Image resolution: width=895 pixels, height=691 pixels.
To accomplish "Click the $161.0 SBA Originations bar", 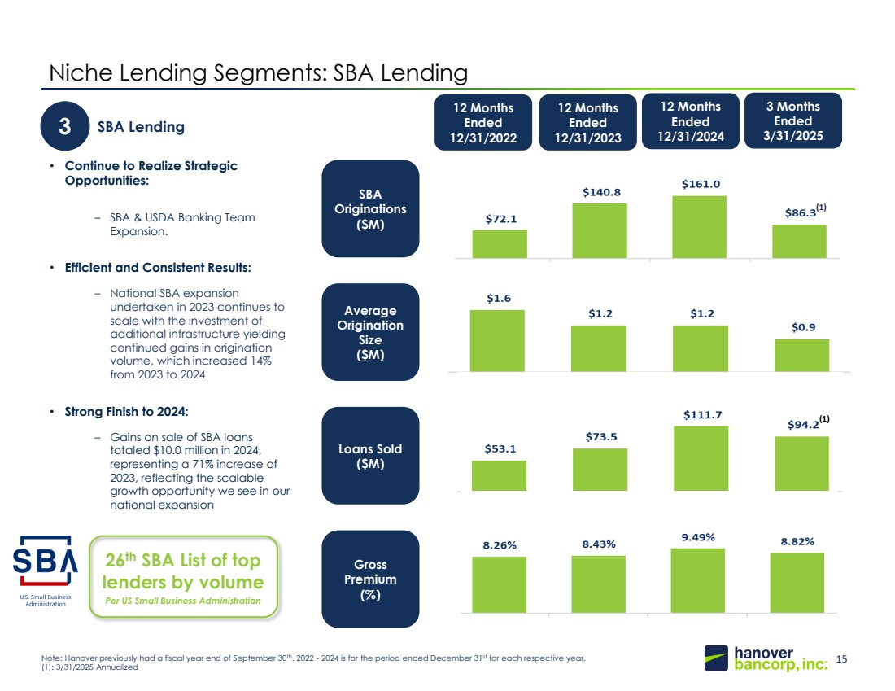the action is [699, 227].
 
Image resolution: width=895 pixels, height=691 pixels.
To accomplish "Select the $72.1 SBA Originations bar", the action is [500, 244].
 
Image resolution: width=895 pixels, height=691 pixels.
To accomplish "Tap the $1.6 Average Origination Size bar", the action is [497, 341].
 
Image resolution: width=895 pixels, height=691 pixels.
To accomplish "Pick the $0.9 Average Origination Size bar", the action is [801, 355].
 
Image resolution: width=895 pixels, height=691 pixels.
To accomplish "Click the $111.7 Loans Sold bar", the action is [701, 458].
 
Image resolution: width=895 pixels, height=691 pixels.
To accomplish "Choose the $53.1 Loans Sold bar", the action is [499, 475].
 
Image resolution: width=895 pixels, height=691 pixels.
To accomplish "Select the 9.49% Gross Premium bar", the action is [697, 581].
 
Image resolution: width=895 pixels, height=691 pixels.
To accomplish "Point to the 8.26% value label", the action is [500, 545].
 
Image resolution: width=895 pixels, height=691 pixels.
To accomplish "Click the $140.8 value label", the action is [601, 192].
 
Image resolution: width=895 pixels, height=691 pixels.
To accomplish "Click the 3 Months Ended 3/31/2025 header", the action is [792, 120].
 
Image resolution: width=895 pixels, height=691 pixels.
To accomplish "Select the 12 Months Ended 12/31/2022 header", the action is [482, 122].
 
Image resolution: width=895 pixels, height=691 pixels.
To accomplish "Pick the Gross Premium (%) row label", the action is [370, 579].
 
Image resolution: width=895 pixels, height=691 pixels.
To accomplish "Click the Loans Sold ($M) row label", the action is [370, 456].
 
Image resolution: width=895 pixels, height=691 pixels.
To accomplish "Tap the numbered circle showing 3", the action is [65, 126].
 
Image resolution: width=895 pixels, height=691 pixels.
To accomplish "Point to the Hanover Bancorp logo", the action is [766, 658].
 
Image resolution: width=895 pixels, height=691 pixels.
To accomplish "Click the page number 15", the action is [841, 659].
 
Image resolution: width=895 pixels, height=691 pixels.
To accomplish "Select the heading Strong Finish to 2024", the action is [126, 412].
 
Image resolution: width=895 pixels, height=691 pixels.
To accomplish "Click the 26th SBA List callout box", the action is [183, 577].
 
